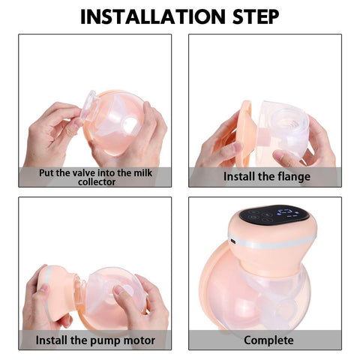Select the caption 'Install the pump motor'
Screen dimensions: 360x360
point(95,340)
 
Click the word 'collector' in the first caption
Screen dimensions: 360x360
point(95,181)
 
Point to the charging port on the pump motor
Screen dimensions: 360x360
point(235,244)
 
